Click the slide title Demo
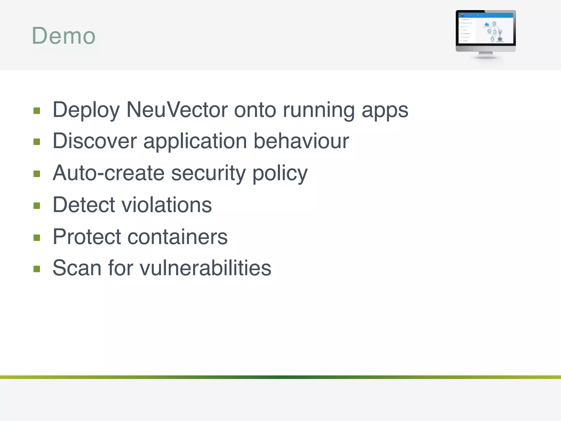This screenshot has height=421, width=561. tap(64, 36)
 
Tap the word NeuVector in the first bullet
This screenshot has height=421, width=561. tap(177, 110)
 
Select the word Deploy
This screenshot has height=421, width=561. tap(86, 110)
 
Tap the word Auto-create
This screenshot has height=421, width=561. tap(108, 173)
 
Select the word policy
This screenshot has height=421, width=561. tap(280, 173)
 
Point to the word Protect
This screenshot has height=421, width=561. tap(87, 237)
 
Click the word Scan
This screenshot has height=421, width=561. tap(77, 268)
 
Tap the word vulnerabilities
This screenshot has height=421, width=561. tap(205, 268)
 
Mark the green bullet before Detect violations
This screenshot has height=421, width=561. tap(37, 206)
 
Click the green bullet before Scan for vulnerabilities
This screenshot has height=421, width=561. tap(37, 269)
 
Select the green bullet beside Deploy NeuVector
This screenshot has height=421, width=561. tap(37, 111)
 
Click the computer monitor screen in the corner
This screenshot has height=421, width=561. tap(486, 28)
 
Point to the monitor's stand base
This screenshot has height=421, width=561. tap(486, 57)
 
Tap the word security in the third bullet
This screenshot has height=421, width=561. tap(208, 173)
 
